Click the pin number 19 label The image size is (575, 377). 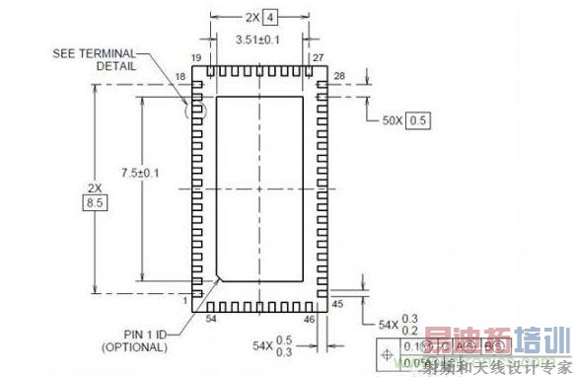[196, 58]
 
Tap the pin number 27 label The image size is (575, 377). [319, 58]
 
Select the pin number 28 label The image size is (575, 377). [340, 76]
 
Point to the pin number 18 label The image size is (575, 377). [180, 76]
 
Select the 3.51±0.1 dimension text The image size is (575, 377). [257, 38]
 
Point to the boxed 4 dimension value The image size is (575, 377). [271, 17]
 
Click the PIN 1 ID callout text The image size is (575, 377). [134, 333]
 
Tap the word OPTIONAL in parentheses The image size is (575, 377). [134, 346]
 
